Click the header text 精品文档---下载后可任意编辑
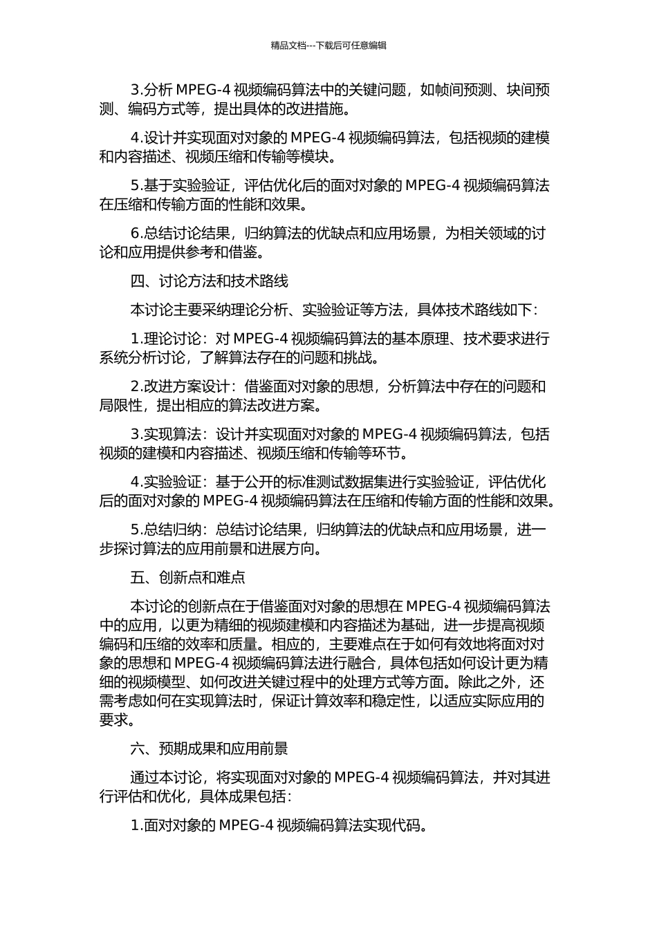click(x=328, y=46)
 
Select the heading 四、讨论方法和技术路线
click(x=209, y=281)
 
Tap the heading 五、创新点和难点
click(x=187, y=577)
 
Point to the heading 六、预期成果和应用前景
click(x=209, y=749)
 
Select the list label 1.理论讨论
click(x=165, y=339)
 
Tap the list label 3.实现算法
click(x=165, y=434)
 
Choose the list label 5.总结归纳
click(x=165, y=530)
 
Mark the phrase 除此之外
click(x=488, y=682)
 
